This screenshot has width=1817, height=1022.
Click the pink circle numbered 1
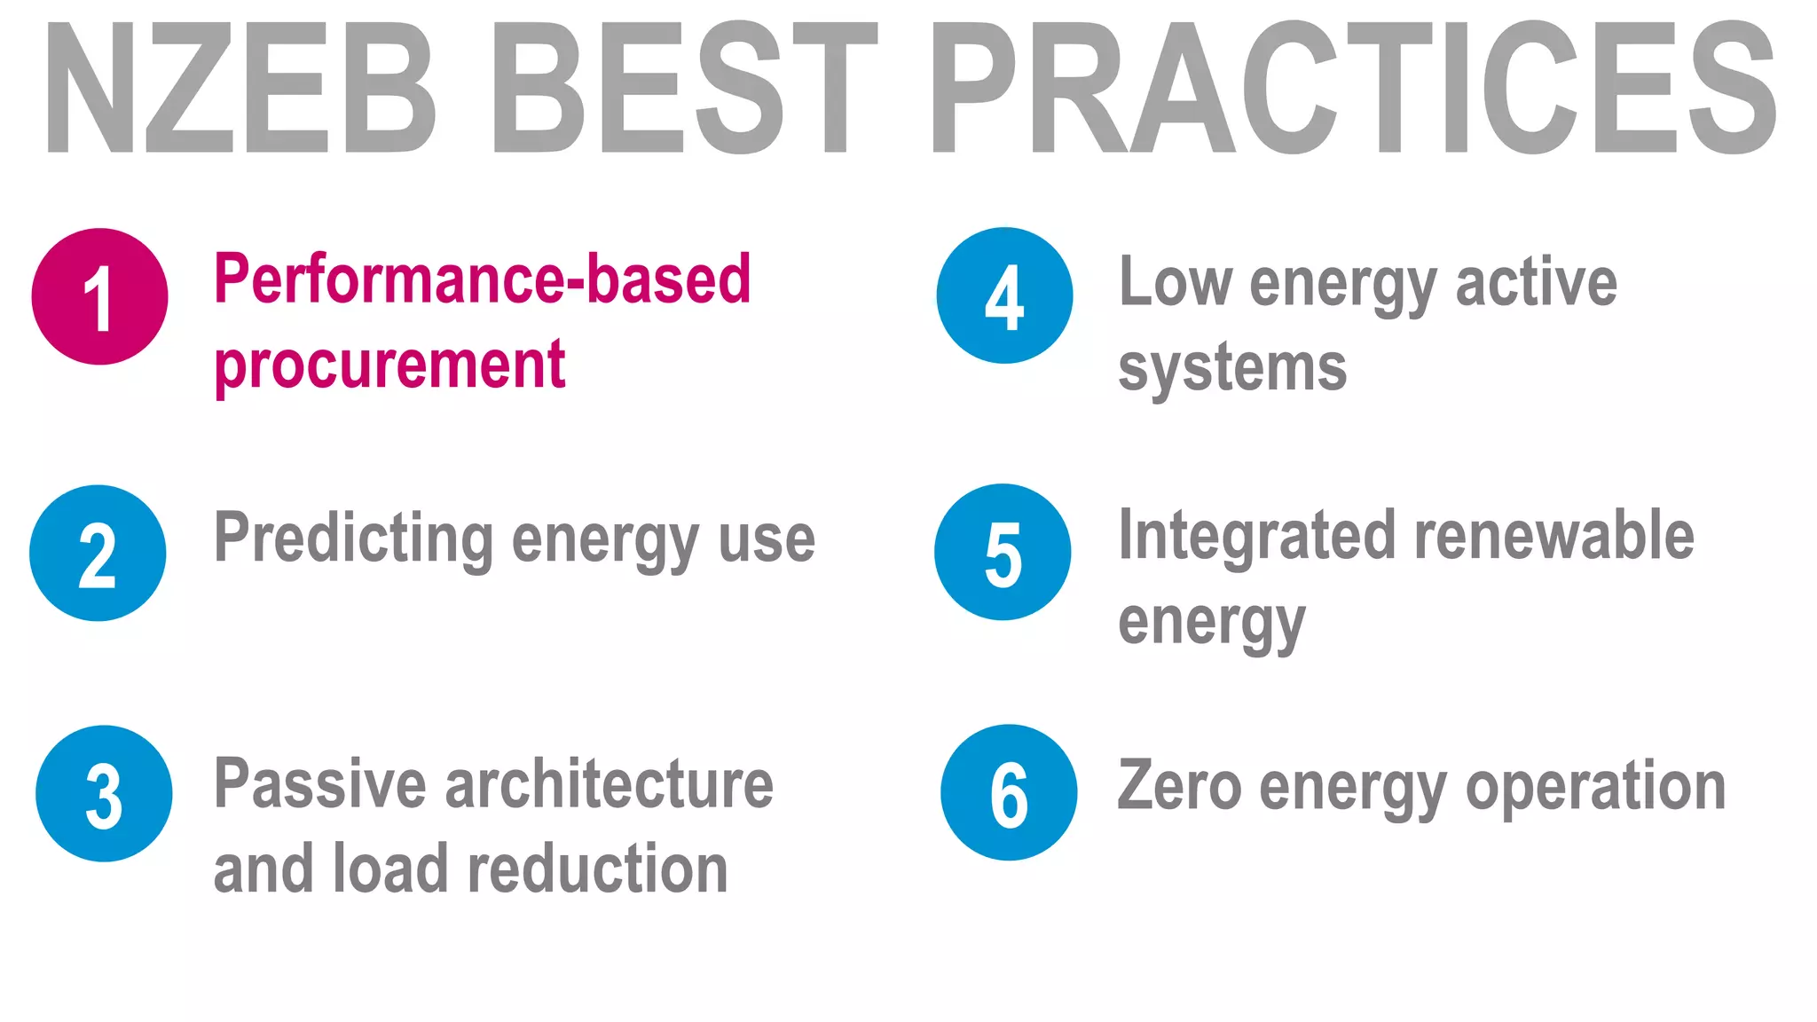99,296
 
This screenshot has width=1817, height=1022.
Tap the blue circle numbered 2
98,553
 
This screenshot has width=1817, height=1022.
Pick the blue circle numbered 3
104,793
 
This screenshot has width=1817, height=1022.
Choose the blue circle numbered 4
1004,295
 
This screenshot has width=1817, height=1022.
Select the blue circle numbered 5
1003,552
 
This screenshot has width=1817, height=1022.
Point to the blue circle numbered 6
1009,792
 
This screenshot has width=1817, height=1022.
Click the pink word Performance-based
483,280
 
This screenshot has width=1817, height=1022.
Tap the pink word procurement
389,366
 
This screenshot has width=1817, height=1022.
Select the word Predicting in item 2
354,538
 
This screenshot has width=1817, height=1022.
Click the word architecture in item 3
609,784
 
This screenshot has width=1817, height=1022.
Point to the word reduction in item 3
597,869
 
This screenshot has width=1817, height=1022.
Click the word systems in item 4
1232,367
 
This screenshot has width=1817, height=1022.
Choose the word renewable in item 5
1553,536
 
